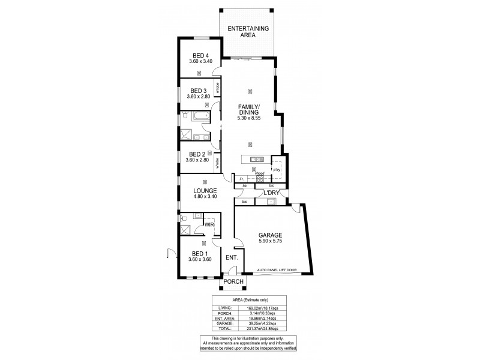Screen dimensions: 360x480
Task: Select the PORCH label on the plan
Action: pyautogui.click(x=233, y=282)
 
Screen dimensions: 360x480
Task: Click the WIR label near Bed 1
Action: pyautogui.click(x=209, y=224)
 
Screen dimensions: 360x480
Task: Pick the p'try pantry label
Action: pyautogui.click(x=277, y=170)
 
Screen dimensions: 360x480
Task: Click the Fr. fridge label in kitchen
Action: pyautogui.click(x=241, y=179)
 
